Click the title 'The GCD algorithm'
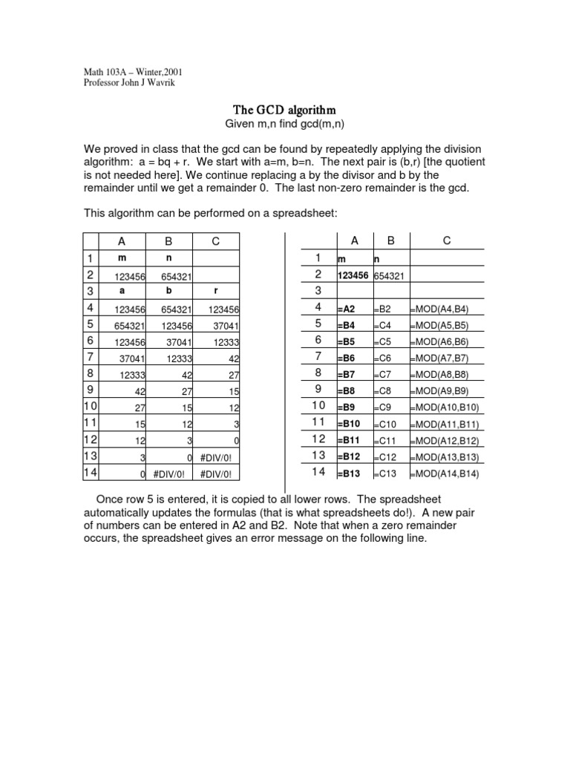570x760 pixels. point(285,110)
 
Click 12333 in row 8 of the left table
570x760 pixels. point(131,374)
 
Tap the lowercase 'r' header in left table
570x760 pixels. point(215,291)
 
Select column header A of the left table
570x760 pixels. point(122,241)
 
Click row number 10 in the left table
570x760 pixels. point(91,407)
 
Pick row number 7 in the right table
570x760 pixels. point(317,357)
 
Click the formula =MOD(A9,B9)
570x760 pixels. point(439,390)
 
